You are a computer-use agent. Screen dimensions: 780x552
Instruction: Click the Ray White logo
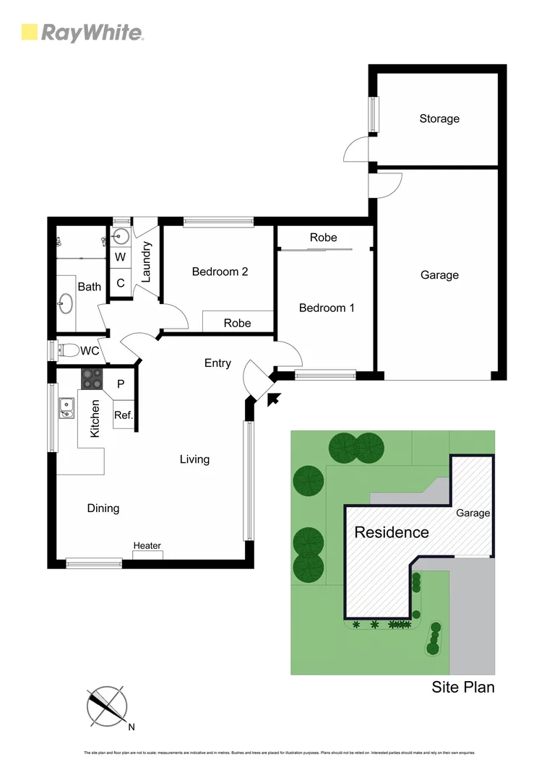(x=82, y=32)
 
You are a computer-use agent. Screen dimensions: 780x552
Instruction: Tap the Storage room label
(x=439, y=118)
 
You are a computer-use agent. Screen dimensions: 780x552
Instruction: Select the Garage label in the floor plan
(x=439, y=274)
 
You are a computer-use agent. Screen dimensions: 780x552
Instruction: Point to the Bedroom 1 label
(x=327, y=308)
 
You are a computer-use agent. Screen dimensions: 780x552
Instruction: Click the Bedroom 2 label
(x=220, y=272)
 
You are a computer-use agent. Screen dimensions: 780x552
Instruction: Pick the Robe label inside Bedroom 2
(x=237, y=323)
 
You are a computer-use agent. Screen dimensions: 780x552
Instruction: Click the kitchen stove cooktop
(x=92, y=378)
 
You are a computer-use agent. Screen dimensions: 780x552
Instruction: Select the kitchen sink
(x=66, y=407)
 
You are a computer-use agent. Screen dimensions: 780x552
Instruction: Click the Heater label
(x=147, y=545)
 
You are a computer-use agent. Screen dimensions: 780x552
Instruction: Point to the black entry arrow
(x=273, y=398)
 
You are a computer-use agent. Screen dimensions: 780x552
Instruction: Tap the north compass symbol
(x=107, y=706)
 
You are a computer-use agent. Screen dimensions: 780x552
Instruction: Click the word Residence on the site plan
(x=391, y=533)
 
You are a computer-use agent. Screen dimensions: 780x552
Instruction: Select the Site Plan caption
(x=463, y=687)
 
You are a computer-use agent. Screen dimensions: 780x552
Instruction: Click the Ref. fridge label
(x=123, y=415)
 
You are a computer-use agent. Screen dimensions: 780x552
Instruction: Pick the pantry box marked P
(x=121, y=385)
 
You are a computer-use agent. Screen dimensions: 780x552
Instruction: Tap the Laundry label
(x=145, y=261)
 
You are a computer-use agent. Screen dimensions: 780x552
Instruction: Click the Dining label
(x=103, y=508)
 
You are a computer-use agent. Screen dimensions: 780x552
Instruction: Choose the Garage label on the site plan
(x=473, y=513)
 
